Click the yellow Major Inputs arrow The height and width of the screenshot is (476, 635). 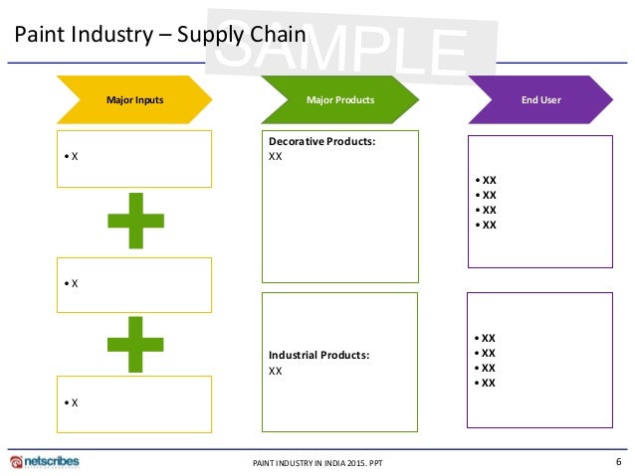[134, 99]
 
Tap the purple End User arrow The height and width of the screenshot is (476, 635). [539, 99]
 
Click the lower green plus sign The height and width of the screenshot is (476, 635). [135, 342]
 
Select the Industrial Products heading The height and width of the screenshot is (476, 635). [318, 355]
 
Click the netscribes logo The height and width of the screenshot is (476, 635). [44, 462]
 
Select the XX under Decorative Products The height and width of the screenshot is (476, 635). [276, 157]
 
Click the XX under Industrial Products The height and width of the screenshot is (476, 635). [276, 371]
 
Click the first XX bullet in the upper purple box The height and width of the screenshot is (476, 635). [489, 180]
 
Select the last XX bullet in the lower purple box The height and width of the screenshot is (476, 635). [489, 383]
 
